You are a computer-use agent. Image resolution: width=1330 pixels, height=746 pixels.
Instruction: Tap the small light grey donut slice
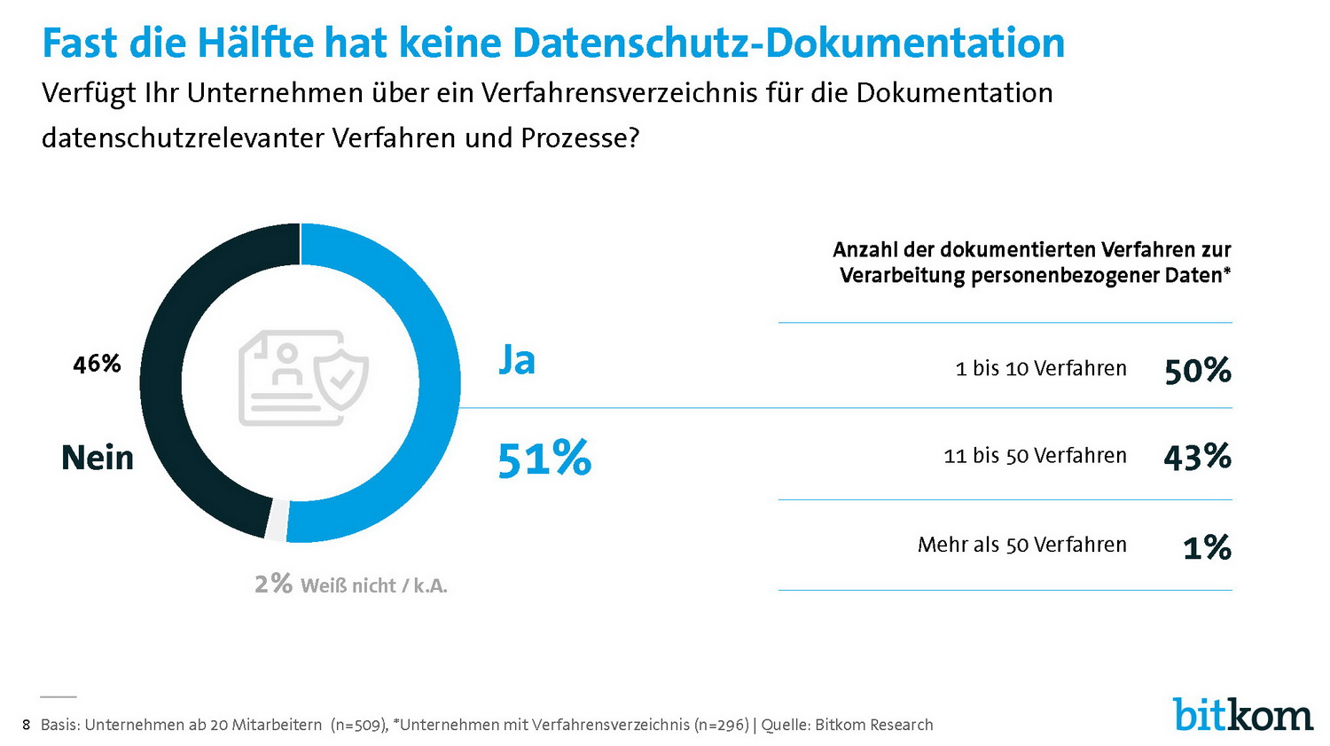[276, 521]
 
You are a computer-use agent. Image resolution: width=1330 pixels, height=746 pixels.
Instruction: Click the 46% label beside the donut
[97, 364]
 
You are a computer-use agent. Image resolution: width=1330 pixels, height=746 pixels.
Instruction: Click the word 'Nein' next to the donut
[98, 458]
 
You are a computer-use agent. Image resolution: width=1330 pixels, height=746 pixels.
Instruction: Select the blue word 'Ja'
[516, 360]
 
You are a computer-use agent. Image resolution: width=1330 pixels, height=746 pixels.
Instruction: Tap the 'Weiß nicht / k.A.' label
[374, 585]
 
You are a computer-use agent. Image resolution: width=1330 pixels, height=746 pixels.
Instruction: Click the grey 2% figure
[273, 584]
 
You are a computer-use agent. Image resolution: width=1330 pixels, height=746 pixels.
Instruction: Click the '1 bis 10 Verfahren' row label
[1041, 368]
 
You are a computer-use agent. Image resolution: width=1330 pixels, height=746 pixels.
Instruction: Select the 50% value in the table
[1198, 370]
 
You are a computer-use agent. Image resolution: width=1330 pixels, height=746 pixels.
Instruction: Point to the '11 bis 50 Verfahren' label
[1035, 456]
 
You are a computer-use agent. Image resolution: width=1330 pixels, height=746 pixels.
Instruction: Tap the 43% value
[1197, 457]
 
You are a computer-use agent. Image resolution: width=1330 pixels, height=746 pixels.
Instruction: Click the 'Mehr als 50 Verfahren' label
[1021, 545]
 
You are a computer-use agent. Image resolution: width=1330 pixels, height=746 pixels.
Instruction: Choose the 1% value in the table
[1207, 547]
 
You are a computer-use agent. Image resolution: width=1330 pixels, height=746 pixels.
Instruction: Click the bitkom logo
[1242, 714]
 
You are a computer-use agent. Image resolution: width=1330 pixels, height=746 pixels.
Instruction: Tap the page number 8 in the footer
[26, 725]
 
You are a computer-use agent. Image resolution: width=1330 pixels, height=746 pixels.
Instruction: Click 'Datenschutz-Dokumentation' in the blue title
[788, 43]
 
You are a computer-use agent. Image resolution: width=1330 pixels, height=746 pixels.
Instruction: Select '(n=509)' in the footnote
[358, 725]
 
